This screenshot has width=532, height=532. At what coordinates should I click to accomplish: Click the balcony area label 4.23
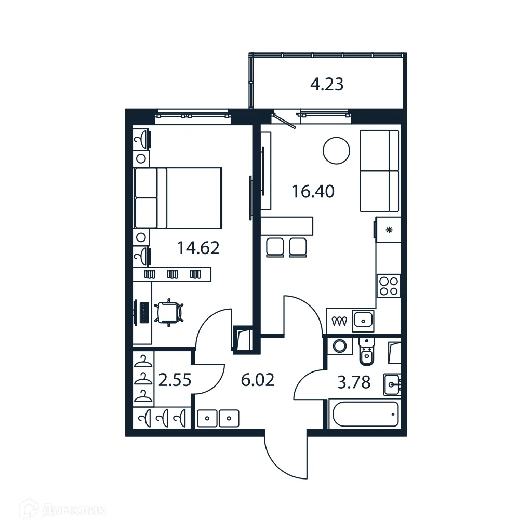click(x=327, y=84)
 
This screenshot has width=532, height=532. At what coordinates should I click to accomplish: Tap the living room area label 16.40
click(x=313, y=192)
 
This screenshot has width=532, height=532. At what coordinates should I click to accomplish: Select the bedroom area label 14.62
click(x=198, y=248)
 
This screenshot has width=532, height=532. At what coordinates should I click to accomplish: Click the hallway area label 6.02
click(x=257, y=381)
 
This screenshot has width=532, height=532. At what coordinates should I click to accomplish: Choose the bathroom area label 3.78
click(x=354, y=383)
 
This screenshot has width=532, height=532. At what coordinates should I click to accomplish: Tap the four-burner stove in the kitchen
click(x=389, y=285)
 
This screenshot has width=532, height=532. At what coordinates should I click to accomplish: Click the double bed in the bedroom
click(x=178, y=198)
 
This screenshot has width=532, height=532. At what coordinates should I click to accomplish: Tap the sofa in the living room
click(x=379, y=171)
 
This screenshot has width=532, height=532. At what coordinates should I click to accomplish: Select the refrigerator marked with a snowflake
click(x=388, y=230)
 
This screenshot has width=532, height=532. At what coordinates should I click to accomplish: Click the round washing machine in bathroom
click(x=340, y=347)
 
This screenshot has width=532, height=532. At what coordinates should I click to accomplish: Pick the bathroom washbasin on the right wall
click(x=393, y=384)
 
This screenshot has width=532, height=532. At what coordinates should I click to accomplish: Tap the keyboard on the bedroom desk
click(x=143, y=312)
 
